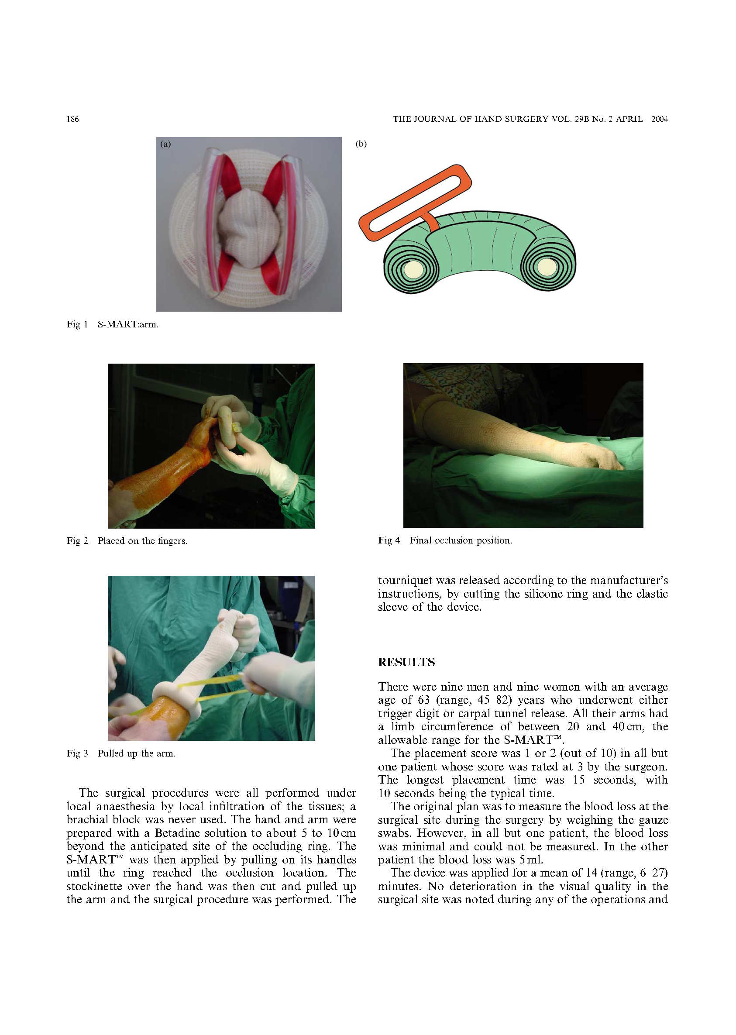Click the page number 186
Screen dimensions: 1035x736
(x=72, y=119)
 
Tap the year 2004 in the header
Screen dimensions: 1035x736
(x=659, y=119)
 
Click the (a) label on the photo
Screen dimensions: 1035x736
(x=165, y=144)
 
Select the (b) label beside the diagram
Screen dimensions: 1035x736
(x=361, y=144)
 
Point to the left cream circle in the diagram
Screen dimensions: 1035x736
(x=413, y=270)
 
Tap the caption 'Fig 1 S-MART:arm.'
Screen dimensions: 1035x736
(x=112, y=324)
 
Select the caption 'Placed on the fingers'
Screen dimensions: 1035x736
(x=142, y=540)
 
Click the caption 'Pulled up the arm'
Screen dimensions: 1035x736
(x=136, y=753)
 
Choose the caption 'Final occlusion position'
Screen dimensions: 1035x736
(x=461, y=540)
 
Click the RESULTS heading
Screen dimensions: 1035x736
(x=406, y=662)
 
